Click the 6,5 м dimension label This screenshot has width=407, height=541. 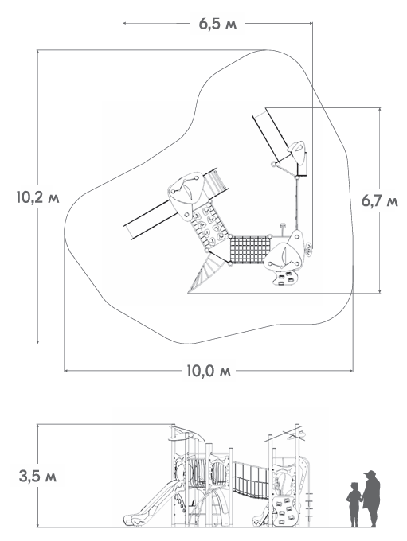[x=217, y=24]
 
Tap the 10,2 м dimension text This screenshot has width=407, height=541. [x=37, y=197]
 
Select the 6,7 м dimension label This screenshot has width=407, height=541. [x=379, y=200]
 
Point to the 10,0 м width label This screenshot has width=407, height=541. [x=209, y=371]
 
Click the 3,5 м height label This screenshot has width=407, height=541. [x=37, y=477]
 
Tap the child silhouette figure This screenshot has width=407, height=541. [x=354, y=504]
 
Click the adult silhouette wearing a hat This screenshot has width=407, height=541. [x=371, y=499]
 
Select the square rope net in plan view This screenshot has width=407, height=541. [x=249, y=250]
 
